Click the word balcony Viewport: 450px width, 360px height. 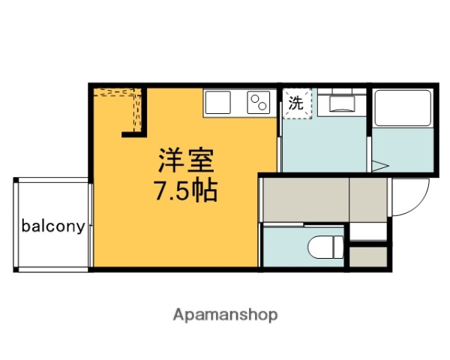coord(52,225)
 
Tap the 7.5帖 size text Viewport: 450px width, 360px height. coord(186,191)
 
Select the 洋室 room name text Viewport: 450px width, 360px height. coord(186,160)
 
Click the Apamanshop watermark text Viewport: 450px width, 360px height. coord(225,314)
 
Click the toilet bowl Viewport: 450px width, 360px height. coord(321,244)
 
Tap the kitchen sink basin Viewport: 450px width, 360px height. coord(220,103)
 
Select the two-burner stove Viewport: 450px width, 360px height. coord(259,103)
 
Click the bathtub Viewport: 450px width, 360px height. coord(402,109)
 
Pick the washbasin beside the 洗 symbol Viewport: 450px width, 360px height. coord(341,103)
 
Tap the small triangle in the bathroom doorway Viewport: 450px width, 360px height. coord(379,166)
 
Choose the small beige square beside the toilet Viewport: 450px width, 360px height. coord(369,257)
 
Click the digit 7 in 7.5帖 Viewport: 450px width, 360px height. coord(161,191)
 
